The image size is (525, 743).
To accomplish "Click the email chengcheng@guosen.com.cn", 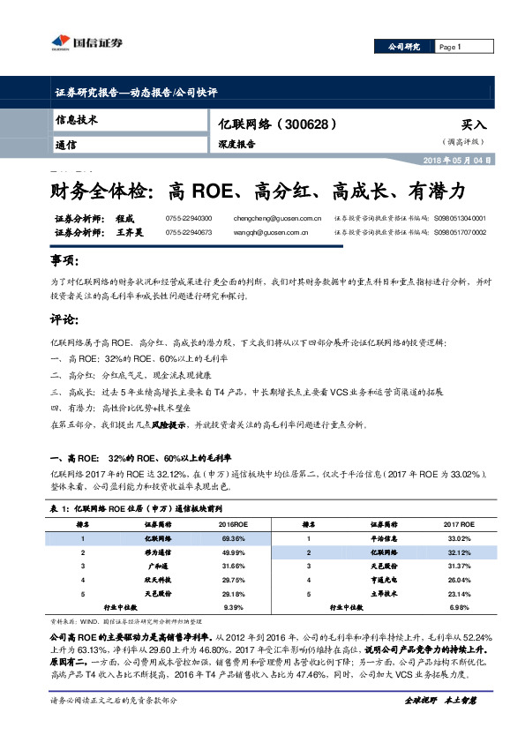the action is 276,217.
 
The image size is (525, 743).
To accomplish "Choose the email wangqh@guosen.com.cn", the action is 270,233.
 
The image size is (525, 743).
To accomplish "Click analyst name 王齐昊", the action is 130,233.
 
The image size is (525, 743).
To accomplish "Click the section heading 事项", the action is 64,261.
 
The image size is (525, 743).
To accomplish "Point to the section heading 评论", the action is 64,319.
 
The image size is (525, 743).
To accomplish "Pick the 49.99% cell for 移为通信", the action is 234,551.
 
